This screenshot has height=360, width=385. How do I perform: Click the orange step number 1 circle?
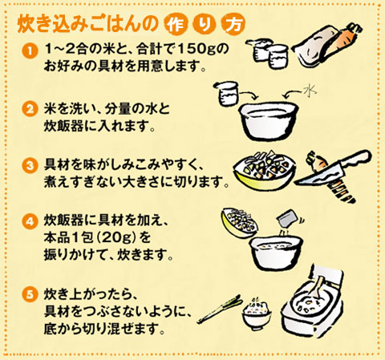point(30,51)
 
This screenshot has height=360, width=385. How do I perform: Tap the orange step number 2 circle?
point(30,109)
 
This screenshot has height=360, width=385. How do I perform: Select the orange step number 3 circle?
point(30,165)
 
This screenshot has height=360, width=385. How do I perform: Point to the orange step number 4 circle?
point(30,222)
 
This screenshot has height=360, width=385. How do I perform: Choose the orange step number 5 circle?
point(30,294)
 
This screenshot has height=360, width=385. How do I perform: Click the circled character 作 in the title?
point(176,25)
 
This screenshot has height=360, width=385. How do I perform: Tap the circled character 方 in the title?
point(233,25)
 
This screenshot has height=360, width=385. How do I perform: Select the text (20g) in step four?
point(117,237)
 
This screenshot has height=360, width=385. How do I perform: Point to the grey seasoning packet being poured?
point(288,218)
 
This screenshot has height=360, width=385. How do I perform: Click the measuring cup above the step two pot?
point(227,93)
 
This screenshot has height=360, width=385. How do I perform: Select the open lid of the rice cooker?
point(327,276)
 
